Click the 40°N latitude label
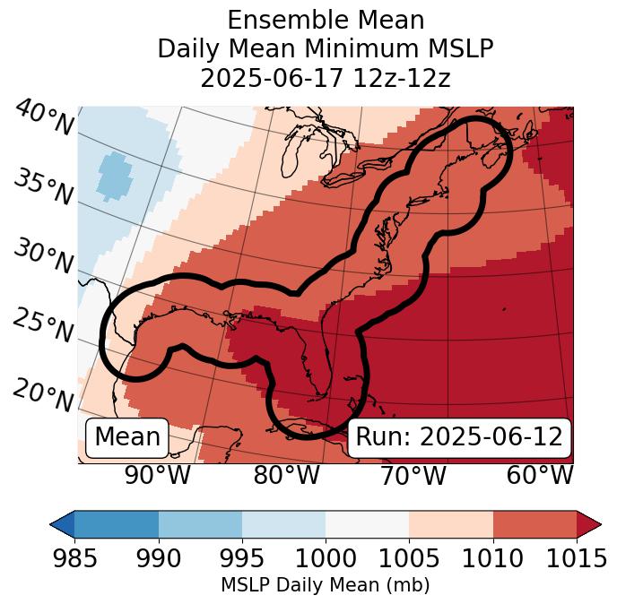pyautogui.click(x=43, y=118)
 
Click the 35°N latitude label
pyautogui.click(x=43, y=187)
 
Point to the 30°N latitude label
pyautogui.click(x=43, y=257)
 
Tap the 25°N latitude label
pyautogui.click(x=43, y=326)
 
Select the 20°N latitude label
pyautogui.click(x=43, y=394)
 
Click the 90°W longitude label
pyautogui.click(x=158, y=476)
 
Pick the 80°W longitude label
pyautogui.click(x=286, y=476)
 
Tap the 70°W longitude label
pyautogui.click(x=413, y=476)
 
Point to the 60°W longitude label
pyautogui.click(x=540, y=476)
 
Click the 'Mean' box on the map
pyautogui.click(x=127, y=437)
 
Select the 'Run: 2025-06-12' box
pyautogui.click(x=459, y=437)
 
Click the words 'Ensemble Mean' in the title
pyautogui.click(x=326, y=20)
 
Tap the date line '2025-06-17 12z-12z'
pyautogui.click(x=326, y=78)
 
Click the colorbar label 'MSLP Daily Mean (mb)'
pyautogui.click(x=326, y=585)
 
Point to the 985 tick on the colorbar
pyautogui.click(x=74, y=559)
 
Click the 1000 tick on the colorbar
pyautogui.click(x=326, y=559)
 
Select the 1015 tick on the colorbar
pyautogui.click(x=577, y=559)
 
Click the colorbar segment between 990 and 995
pyautogui.click(x=200, y=523)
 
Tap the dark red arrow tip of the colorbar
pyautogui.click(x=588, y=523)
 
